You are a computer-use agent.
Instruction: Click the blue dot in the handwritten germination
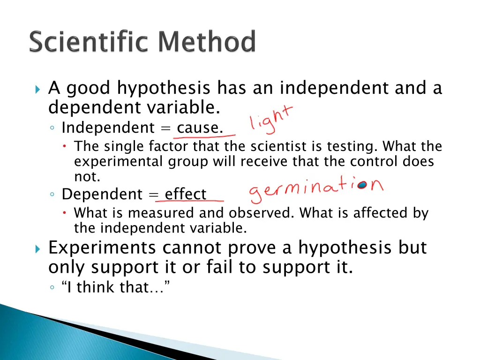[x=362, y=185]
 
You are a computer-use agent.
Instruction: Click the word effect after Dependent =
[x=186, y=194]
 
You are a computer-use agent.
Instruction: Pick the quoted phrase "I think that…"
[x=115, y=287]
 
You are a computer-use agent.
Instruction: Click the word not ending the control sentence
[x=87, y=177]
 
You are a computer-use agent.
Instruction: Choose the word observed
[x=262, y=213]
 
